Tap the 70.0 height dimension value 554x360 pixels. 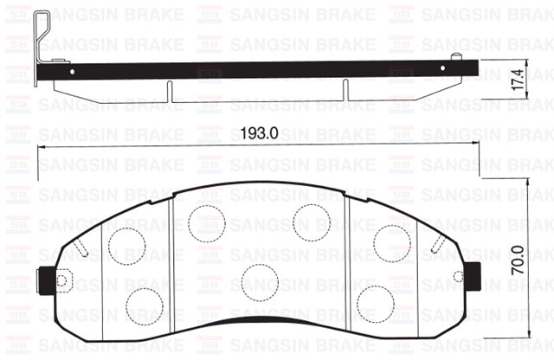[519, 259]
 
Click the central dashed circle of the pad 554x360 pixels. [258, 279]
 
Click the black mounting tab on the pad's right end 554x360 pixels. [471, 276]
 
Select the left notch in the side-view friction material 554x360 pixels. [171, 90]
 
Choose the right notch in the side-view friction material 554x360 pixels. [345, 90]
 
